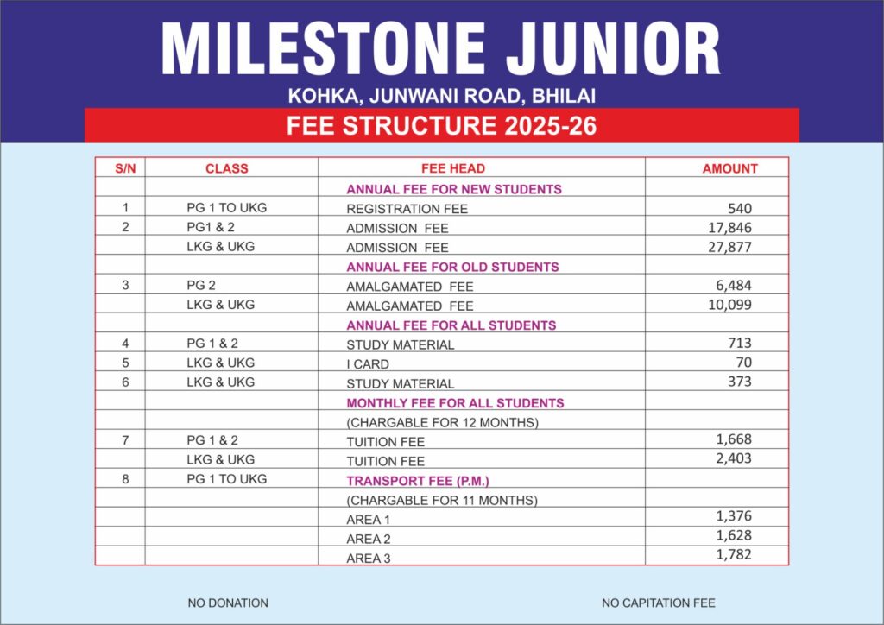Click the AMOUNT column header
pyautogui.click(x=729, y=168)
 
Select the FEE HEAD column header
pyautogui.click(x=453, y=168)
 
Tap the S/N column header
pyautogui.click(x=125, y=168)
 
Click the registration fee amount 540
pyautogui.click(x=740, y=208)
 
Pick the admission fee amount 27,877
pyautogui.click(x=728, y=247)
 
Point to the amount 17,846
pyautogui.click(x=728, y=228)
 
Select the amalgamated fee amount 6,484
pyautogui.click(x=732, y=285)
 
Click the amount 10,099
pyautogui.click(x=728, y=305)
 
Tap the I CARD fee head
pyautogui.click(x=368, y=363)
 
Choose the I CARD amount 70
pyautogui.click(x=743, y=362)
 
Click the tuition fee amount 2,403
pyautogui.click(x=734, y=458)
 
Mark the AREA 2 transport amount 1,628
pyautogui.click(x=734, y=535)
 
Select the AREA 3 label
pyautogui.click(x=369, y=559)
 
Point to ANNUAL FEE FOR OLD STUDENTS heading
pyautogui.click(x=452, y=267)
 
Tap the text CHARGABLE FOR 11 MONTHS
pyautogui.click(x=442, y=500)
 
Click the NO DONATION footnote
pyautogui.click(x=228, y=603)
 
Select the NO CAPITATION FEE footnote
pyautogui.click(x=659, y=603)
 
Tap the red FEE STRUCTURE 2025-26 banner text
pyautogui.click(x=441, y=126)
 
